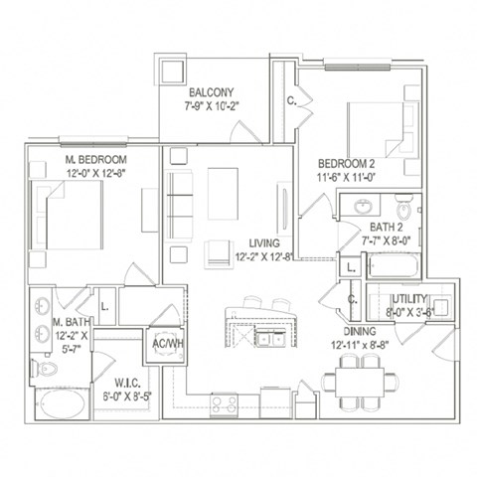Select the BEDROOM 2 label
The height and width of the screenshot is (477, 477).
point(346,164)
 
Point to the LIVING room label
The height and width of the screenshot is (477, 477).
point(264,243)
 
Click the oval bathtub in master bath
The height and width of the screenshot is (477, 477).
point(63,406)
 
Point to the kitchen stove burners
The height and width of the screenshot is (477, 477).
point(223,403)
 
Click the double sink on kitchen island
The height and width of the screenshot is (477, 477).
point(266,338)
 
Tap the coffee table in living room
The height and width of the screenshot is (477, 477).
point(223,186)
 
